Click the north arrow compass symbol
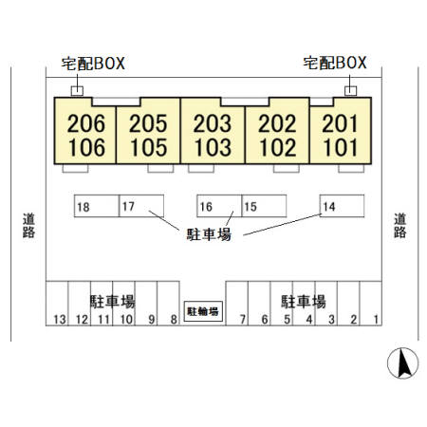[x=402, y=363]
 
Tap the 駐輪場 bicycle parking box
[x=203, y=311]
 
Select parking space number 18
[x=97, y=206]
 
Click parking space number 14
[x=342, y=206]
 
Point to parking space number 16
[x=219, y=206]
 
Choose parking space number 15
[x=264, y=206]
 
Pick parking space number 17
[x=141, y=206]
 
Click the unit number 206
[x=86, y=123]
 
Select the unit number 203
[x=213, y=123]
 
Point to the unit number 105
[x=148, y=148]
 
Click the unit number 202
[x=277, y=123]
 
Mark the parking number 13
[x=60, y=320]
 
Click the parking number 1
[x=376, y=320]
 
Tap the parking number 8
[x=174, y=320]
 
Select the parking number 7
[x=243, y=320]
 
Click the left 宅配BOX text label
[x=93, y=64]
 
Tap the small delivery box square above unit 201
[x=350, y=91]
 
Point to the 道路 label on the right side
[x=399, y=226]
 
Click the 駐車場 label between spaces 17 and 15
[x=209, y=234]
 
